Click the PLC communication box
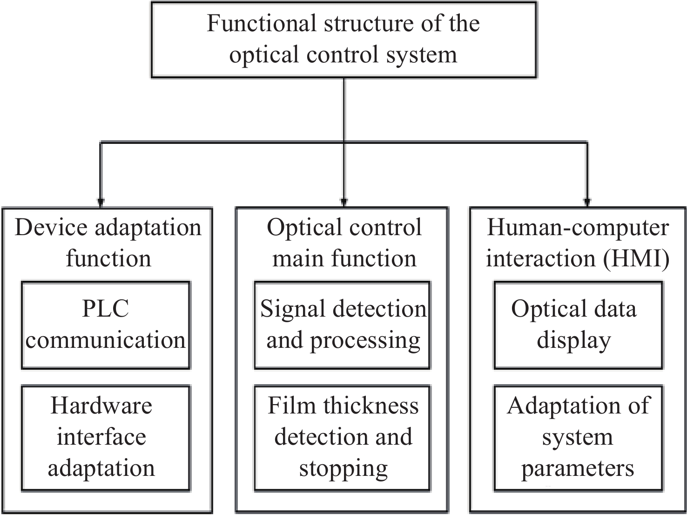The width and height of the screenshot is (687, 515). pos(106,325)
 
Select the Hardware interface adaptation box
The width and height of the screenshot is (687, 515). pos(106,438)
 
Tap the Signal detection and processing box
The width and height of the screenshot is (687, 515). pos(342,325)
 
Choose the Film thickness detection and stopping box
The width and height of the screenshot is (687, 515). pos(342,438)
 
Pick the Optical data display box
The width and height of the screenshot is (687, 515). pos(578,325)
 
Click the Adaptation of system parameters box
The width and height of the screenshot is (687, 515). pos(578,438)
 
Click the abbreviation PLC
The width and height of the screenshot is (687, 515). pos(106,309)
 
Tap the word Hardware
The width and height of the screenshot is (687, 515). pos(101,406)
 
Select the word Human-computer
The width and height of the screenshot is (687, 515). pos(578,228)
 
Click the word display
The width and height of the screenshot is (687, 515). pos(573,340)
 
